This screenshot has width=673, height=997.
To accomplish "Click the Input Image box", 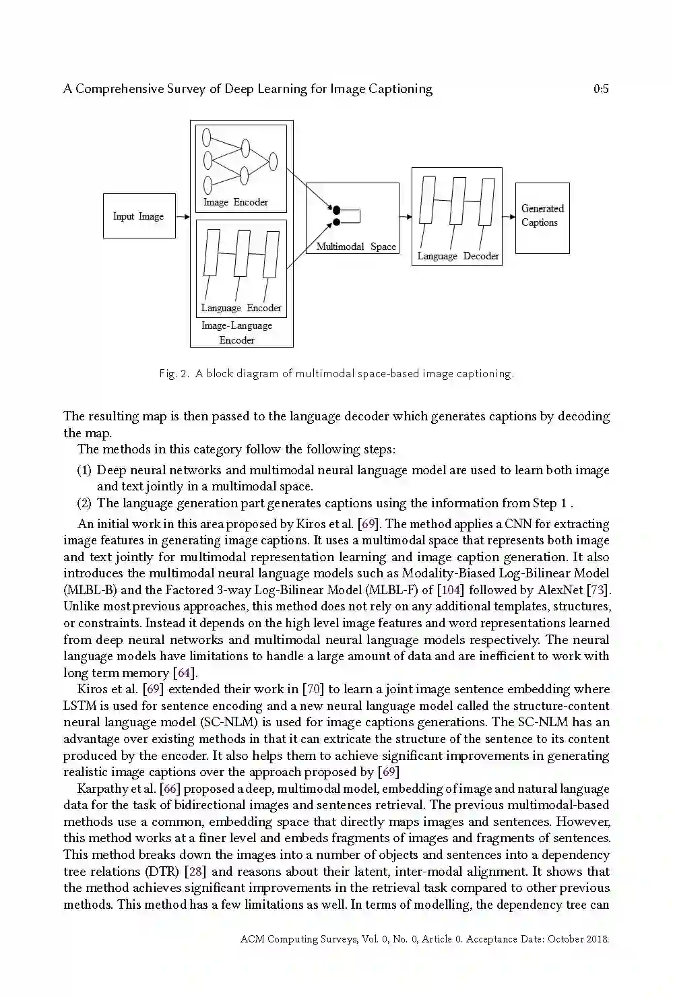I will (x=139, y=216).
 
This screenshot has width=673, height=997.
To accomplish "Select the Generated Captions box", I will (x=542, y=217).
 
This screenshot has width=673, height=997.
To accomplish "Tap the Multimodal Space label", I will (x=356, y=247).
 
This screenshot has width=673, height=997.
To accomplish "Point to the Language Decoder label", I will (x=458, y=256).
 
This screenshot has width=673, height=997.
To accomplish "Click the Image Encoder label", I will (x=236, y=202).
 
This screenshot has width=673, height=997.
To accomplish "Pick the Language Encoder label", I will (x=241, y=308).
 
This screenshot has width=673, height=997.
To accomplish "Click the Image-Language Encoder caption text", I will (x=237, y=333).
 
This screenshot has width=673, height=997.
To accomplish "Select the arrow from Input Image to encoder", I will (x=183, y=216).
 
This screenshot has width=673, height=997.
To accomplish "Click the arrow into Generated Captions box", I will (x=509, y=217).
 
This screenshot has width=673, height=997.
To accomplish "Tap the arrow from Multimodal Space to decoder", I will (x=405, y=217).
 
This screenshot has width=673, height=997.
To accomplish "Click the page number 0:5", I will (x=601, y=89).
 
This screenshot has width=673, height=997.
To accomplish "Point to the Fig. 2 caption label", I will (x=174, y=373).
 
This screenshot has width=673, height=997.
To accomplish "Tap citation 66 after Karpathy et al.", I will (x=170, y=789).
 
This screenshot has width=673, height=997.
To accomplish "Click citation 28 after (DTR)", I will (x=195, y=872).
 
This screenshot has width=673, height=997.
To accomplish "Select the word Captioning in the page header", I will (x=400, y=89).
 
